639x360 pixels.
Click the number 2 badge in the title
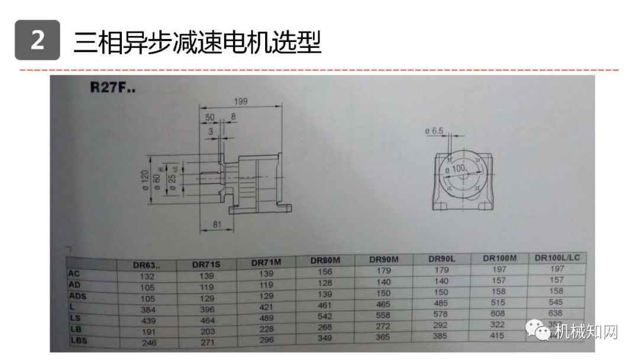(37, 40)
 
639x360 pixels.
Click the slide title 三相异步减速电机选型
(197, 41)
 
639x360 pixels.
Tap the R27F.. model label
(112, 88)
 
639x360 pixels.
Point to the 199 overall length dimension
(240, 101)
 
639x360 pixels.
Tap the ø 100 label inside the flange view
(456, 169)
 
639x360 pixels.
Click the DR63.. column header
(146, 265)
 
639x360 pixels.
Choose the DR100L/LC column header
(557, 258)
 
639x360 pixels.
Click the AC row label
(75, 274)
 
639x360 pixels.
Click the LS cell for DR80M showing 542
(325, 316)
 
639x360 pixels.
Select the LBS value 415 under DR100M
(497, 336)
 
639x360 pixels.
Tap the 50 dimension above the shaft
(211, 117)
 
